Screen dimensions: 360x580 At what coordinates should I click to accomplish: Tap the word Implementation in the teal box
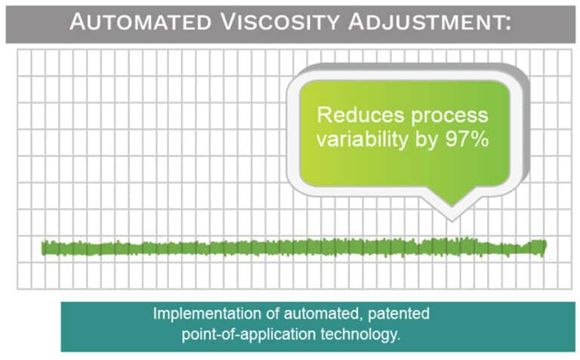pyautogui.click(x=198, y=314)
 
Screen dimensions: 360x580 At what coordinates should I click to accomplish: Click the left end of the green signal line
pyautogui.click(x=44, y=248)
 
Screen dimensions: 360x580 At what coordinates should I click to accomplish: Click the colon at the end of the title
pyautogui.click(x=507, y=23)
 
